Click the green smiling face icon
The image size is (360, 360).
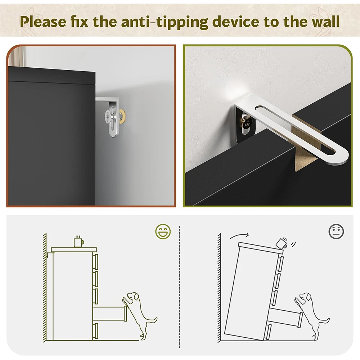click(163, 231)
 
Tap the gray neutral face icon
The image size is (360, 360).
click(336, 231)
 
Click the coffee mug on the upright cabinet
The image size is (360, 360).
click(78, 242)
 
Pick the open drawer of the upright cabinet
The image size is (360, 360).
click(110, 313)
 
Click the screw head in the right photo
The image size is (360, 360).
click(247, 121)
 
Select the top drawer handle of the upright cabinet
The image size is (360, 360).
click(96, 262)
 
